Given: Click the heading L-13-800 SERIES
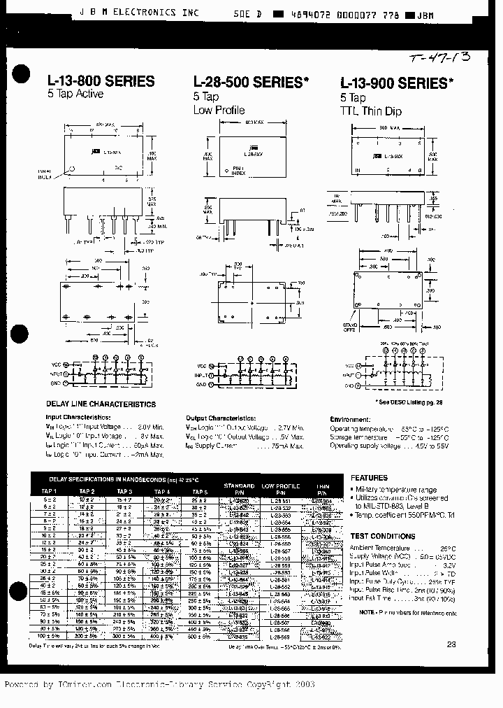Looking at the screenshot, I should [x=101, y=82].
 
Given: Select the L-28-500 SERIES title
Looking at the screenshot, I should [x=251, y=82].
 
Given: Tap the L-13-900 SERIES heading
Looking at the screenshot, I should [x=396, y=83].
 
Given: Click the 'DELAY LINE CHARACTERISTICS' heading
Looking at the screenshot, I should [x=101, y=404].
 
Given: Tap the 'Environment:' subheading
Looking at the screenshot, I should [x=349, y=418].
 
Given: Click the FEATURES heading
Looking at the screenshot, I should [x=369, y=478].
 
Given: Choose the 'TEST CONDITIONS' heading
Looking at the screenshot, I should [x=382, y=536].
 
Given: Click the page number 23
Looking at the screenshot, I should [x=451, y=644].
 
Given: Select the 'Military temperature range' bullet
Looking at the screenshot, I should [x=397, y=490].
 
